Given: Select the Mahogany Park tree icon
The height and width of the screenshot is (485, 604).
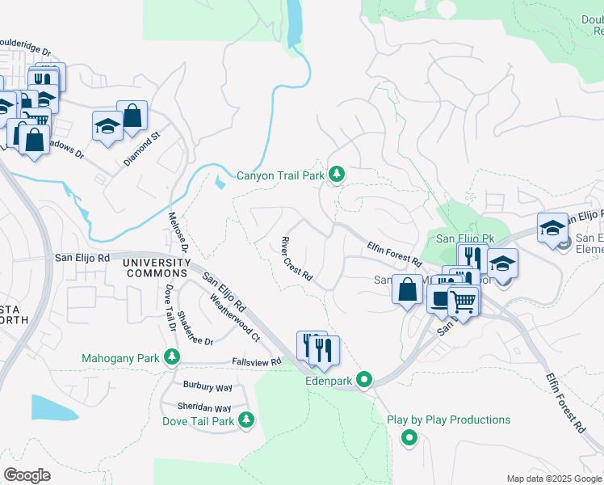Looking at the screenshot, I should tap(171, 357).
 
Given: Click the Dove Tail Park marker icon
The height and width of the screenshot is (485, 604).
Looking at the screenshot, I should tap(246, 420).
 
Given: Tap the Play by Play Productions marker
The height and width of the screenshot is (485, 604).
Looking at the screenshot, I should tap(409, 438).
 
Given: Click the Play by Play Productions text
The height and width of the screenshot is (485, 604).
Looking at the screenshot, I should tap(448, 420).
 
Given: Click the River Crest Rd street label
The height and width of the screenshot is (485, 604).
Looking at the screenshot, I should tap(296, 259).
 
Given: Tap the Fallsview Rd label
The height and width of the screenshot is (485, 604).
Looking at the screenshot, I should tap(256, 361).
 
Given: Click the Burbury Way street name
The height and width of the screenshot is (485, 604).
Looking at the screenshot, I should tap(208, 387).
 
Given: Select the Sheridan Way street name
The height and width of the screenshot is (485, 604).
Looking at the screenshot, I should tap(204, 408).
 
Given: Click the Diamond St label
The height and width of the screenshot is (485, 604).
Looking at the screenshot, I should tap(143, 150).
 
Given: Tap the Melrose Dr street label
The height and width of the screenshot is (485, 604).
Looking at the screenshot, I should tap(178, 231).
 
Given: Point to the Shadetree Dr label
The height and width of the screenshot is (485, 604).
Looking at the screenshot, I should tap(194, 330).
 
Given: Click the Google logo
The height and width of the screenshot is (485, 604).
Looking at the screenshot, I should tap(27, 475).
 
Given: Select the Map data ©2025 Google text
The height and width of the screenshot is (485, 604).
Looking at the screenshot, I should tap(554, 479).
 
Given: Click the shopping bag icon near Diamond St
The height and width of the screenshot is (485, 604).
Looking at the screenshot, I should tap(132, 116).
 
